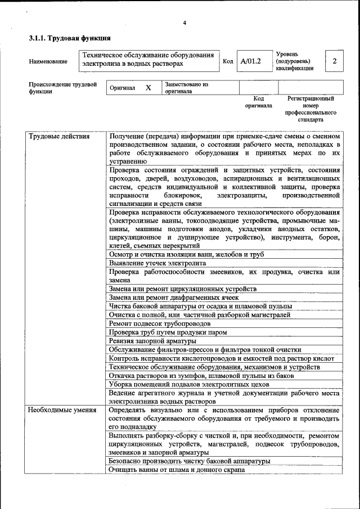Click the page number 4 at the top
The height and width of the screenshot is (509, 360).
pos(184,23)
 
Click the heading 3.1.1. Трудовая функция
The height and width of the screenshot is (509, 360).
pos(69,39)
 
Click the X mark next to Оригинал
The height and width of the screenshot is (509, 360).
pos(148,88)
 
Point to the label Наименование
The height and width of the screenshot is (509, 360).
pos(48,61)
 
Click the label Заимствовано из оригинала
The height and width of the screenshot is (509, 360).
pos(186,88)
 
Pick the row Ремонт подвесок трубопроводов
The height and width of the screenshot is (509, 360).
pos(160,323)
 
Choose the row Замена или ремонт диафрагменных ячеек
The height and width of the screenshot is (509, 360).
pos(174,297)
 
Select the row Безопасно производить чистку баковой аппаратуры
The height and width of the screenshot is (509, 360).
pos(190,461)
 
